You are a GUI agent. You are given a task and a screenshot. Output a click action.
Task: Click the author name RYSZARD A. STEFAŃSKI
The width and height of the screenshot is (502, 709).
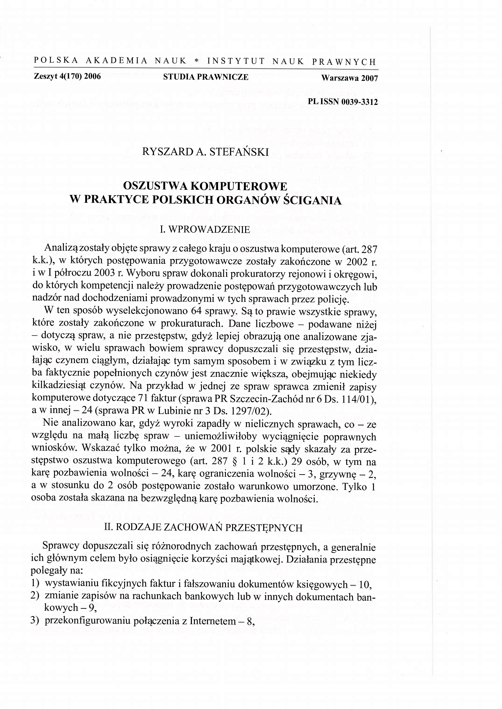point(205,152)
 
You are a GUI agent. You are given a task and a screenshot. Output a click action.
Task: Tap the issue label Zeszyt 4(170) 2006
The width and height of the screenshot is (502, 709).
point(67,76)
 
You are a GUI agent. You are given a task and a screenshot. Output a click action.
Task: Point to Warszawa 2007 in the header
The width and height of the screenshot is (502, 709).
point(349,78)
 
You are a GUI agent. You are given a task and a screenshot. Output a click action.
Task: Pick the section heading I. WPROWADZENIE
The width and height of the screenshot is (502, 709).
point(204,229)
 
